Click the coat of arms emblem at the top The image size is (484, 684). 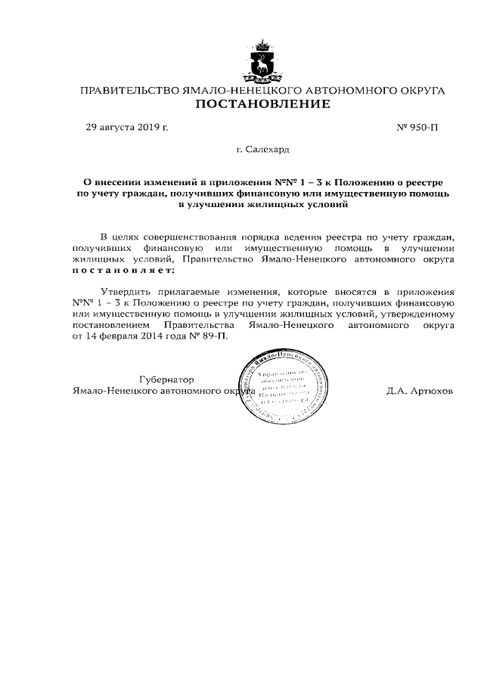coord(262,61)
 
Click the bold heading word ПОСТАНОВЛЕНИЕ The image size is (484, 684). coord(262,104)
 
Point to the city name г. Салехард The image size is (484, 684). coord(262,151)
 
